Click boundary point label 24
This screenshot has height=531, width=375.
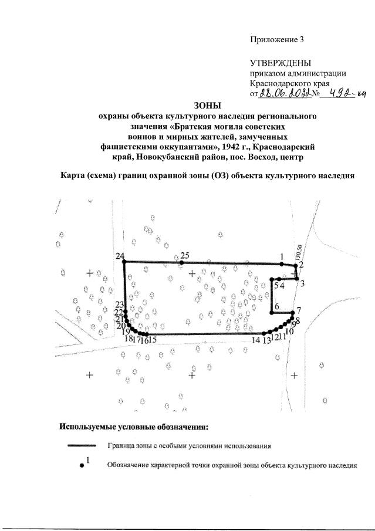click(x=120, y=256)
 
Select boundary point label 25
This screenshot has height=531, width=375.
click(x=185, y=255)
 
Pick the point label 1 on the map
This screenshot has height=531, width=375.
click(x=282, y=256)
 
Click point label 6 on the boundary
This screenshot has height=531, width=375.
click(x=276, y=306)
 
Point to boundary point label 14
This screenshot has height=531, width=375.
click(x=255, y=340)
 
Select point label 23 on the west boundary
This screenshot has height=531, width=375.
click(x=119, y=304)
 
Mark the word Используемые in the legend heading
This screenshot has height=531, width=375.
click(x=88, y=425)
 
